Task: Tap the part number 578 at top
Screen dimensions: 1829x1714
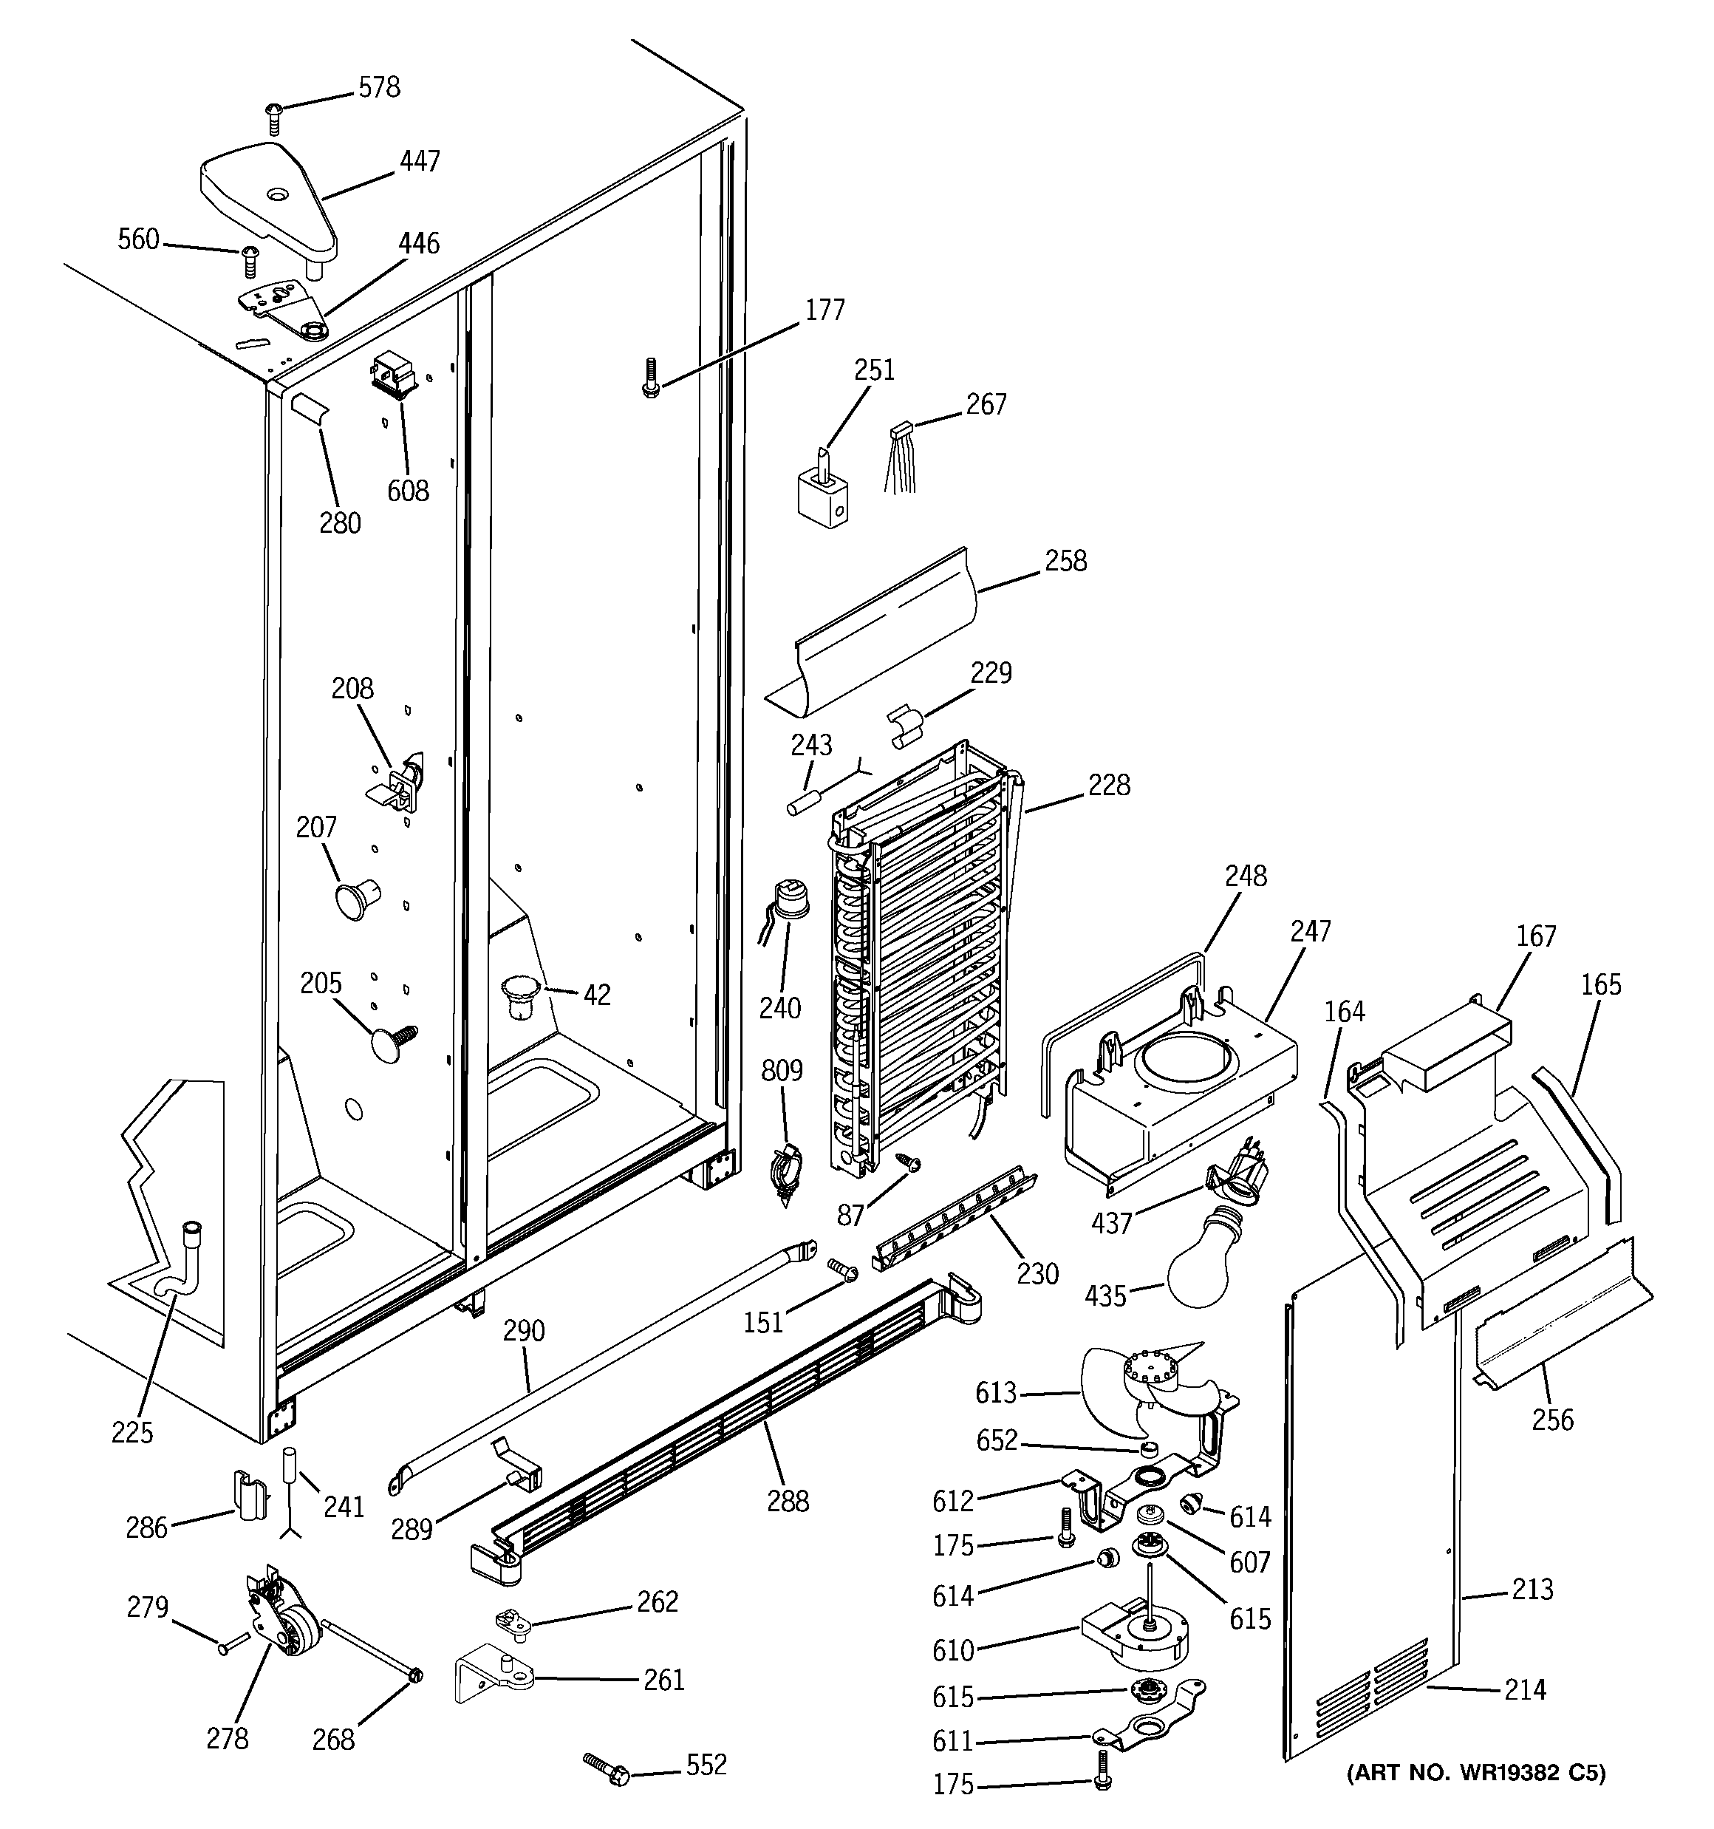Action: tap(378, 87)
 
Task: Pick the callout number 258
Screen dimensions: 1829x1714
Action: tap(1065, 561)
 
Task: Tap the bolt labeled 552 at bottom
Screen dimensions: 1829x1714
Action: tap(607, 1768)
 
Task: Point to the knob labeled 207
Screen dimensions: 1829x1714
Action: tap(356, 897)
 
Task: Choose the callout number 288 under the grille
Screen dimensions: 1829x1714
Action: tap(788, 1502)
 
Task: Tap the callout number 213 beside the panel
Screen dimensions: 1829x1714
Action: tap(1531, 1589)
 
